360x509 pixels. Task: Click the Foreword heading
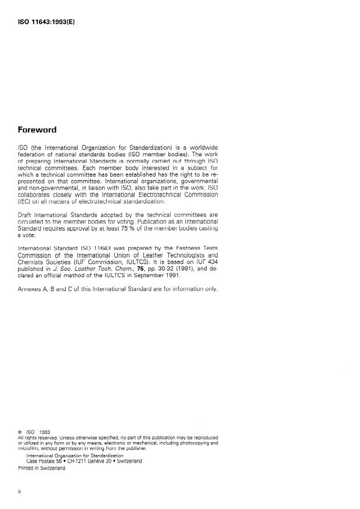[x=42, y=130]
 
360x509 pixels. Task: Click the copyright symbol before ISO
[x=21, y=432]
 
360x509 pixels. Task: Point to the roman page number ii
[x=20, y=491]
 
